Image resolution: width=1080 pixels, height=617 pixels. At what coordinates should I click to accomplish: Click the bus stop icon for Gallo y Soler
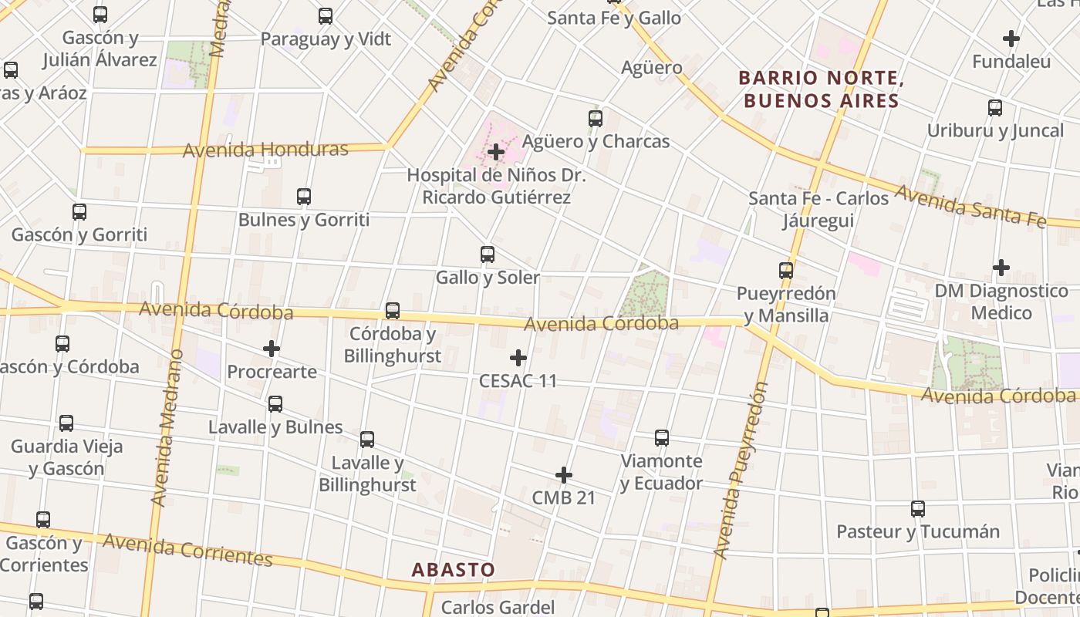point(488,255)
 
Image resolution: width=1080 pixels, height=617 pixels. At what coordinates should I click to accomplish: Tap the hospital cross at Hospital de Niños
point(496,152)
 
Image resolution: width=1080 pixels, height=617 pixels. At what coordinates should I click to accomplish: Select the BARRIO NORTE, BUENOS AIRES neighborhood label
point(822,89)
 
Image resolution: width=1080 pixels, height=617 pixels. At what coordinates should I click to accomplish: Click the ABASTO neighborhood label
point(454,570)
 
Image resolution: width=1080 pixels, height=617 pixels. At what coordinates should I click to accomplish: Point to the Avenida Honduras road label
point(265,149)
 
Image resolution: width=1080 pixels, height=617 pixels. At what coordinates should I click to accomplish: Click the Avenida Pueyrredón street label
point(742,470)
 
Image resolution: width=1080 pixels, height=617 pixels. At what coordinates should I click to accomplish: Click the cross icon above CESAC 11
point(518,358)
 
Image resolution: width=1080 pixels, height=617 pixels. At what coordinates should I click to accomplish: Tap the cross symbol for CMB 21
point(564,475)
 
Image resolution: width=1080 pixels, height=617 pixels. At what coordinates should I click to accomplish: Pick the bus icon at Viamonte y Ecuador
point(662,438)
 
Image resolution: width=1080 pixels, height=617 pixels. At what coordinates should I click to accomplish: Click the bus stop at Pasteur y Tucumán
point(918,509)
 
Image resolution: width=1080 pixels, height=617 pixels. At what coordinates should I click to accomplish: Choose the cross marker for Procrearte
point(272,349)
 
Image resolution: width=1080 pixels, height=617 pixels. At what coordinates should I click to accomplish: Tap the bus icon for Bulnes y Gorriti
point(304,197)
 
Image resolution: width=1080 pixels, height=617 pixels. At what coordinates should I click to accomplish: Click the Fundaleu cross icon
point(1011,38)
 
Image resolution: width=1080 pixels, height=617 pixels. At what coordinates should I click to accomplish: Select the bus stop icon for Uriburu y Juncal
point(995,108)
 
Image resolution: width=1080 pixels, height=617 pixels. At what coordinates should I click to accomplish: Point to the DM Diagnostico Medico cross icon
point(1001,268)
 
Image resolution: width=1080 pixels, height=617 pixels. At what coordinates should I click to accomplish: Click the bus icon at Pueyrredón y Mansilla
point(786,271)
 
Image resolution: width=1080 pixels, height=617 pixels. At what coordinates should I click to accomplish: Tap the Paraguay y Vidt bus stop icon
point(326,16)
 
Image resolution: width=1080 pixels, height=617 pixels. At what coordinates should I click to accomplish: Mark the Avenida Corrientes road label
point(187,549)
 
